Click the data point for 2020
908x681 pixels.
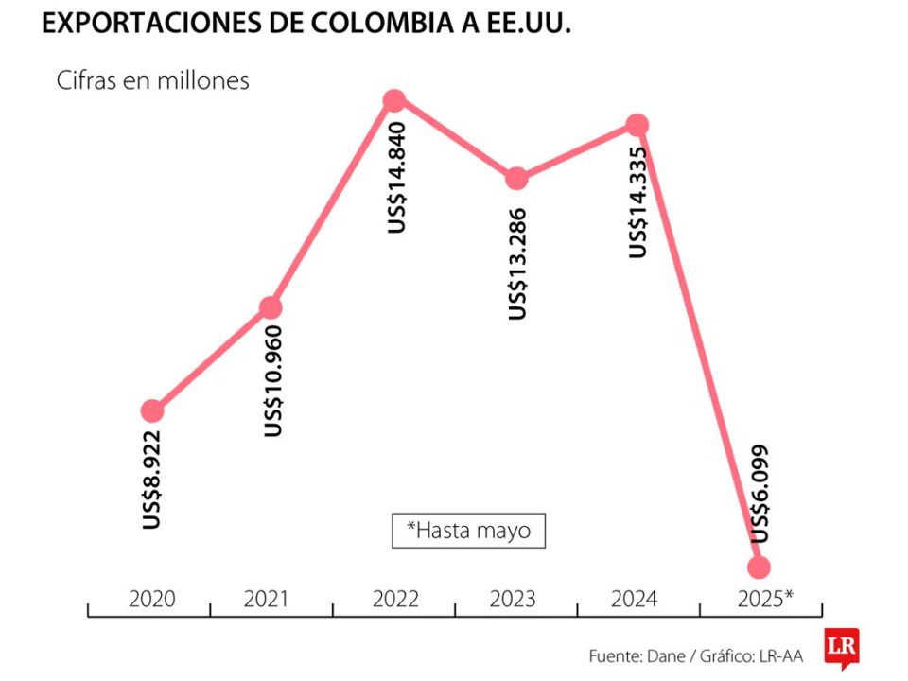152,410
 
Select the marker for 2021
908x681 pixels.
271,307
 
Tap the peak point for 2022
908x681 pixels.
394,100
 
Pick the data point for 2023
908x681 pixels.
516,178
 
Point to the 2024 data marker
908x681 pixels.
637,124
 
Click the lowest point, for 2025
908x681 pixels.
759,567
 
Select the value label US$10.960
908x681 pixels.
273,381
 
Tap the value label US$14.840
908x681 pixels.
397,177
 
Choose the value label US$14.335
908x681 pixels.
639,201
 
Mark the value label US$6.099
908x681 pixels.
760,493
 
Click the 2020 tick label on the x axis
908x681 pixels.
151,599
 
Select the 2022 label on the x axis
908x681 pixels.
395,599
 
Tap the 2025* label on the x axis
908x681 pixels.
763,599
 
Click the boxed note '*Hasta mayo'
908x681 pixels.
468,531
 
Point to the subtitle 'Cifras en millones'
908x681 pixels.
152,80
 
